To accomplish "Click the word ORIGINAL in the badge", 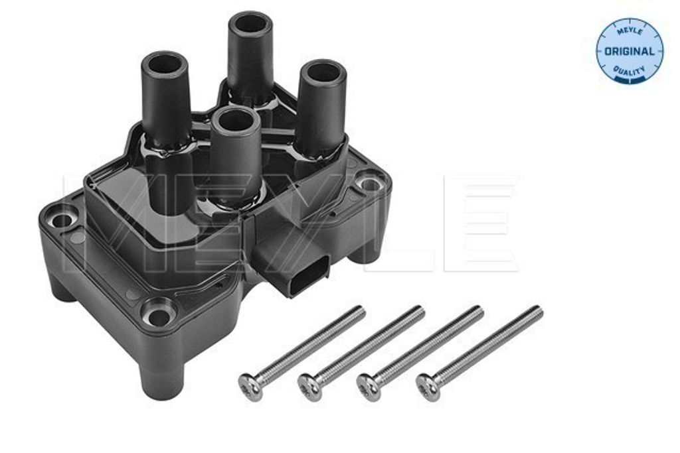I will tap(629, 50).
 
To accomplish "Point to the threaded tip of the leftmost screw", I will tap(359, 310).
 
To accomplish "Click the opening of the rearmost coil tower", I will tap(250, 23).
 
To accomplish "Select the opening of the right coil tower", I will tap(321, 72).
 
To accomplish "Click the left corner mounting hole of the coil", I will tap(64, 218).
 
